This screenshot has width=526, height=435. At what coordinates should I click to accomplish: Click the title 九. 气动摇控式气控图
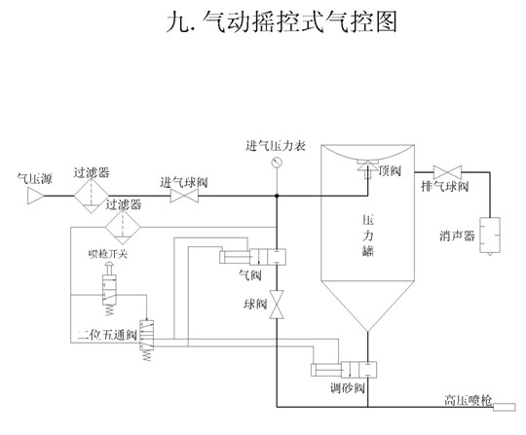[282, 21]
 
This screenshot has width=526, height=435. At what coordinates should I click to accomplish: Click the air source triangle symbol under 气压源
[36, 196]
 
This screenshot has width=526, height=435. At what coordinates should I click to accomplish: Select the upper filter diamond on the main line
[92, 196]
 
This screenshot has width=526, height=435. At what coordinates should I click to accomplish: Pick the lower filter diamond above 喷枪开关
[123, 227]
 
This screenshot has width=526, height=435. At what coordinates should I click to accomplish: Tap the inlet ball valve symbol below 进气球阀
[184, 196]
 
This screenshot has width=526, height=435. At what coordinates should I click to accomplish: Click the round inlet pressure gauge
[277, 163]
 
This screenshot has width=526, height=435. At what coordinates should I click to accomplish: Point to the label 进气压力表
[276, 146]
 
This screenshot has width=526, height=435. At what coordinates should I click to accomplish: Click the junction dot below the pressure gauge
[277, 196]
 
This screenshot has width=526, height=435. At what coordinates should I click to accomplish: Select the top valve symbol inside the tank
[367, 169]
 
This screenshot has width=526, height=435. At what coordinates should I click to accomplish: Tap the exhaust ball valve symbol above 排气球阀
[447, 172]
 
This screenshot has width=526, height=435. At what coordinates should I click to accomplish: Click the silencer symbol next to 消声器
[490, 236]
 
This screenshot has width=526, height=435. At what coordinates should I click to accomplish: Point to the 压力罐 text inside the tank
[368, 236]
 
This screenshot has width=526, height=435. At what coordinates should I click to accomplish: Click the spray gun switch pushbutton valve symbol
[109, 289]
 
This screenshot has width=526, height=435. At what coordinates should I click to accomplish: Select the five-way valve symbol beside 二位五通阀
[146, 340]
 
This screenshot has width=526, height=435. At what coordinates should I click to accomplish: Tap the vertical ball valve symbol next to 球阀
[277, 305]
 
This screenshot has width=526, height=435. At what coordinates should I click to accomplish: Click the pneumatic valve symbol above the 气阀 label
[252, 257]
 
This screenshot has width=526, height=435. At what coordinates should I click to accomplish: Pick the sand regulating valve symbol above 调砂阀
[344, 370]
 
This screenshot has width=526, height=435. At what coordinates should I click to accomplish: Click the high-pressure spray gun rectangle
[505, 407]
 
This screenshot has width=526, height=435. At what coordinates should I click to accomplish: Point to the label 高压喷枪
[468, 400]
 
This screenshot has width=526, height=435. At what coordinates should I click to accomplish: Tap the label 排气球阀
[445, 186]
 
